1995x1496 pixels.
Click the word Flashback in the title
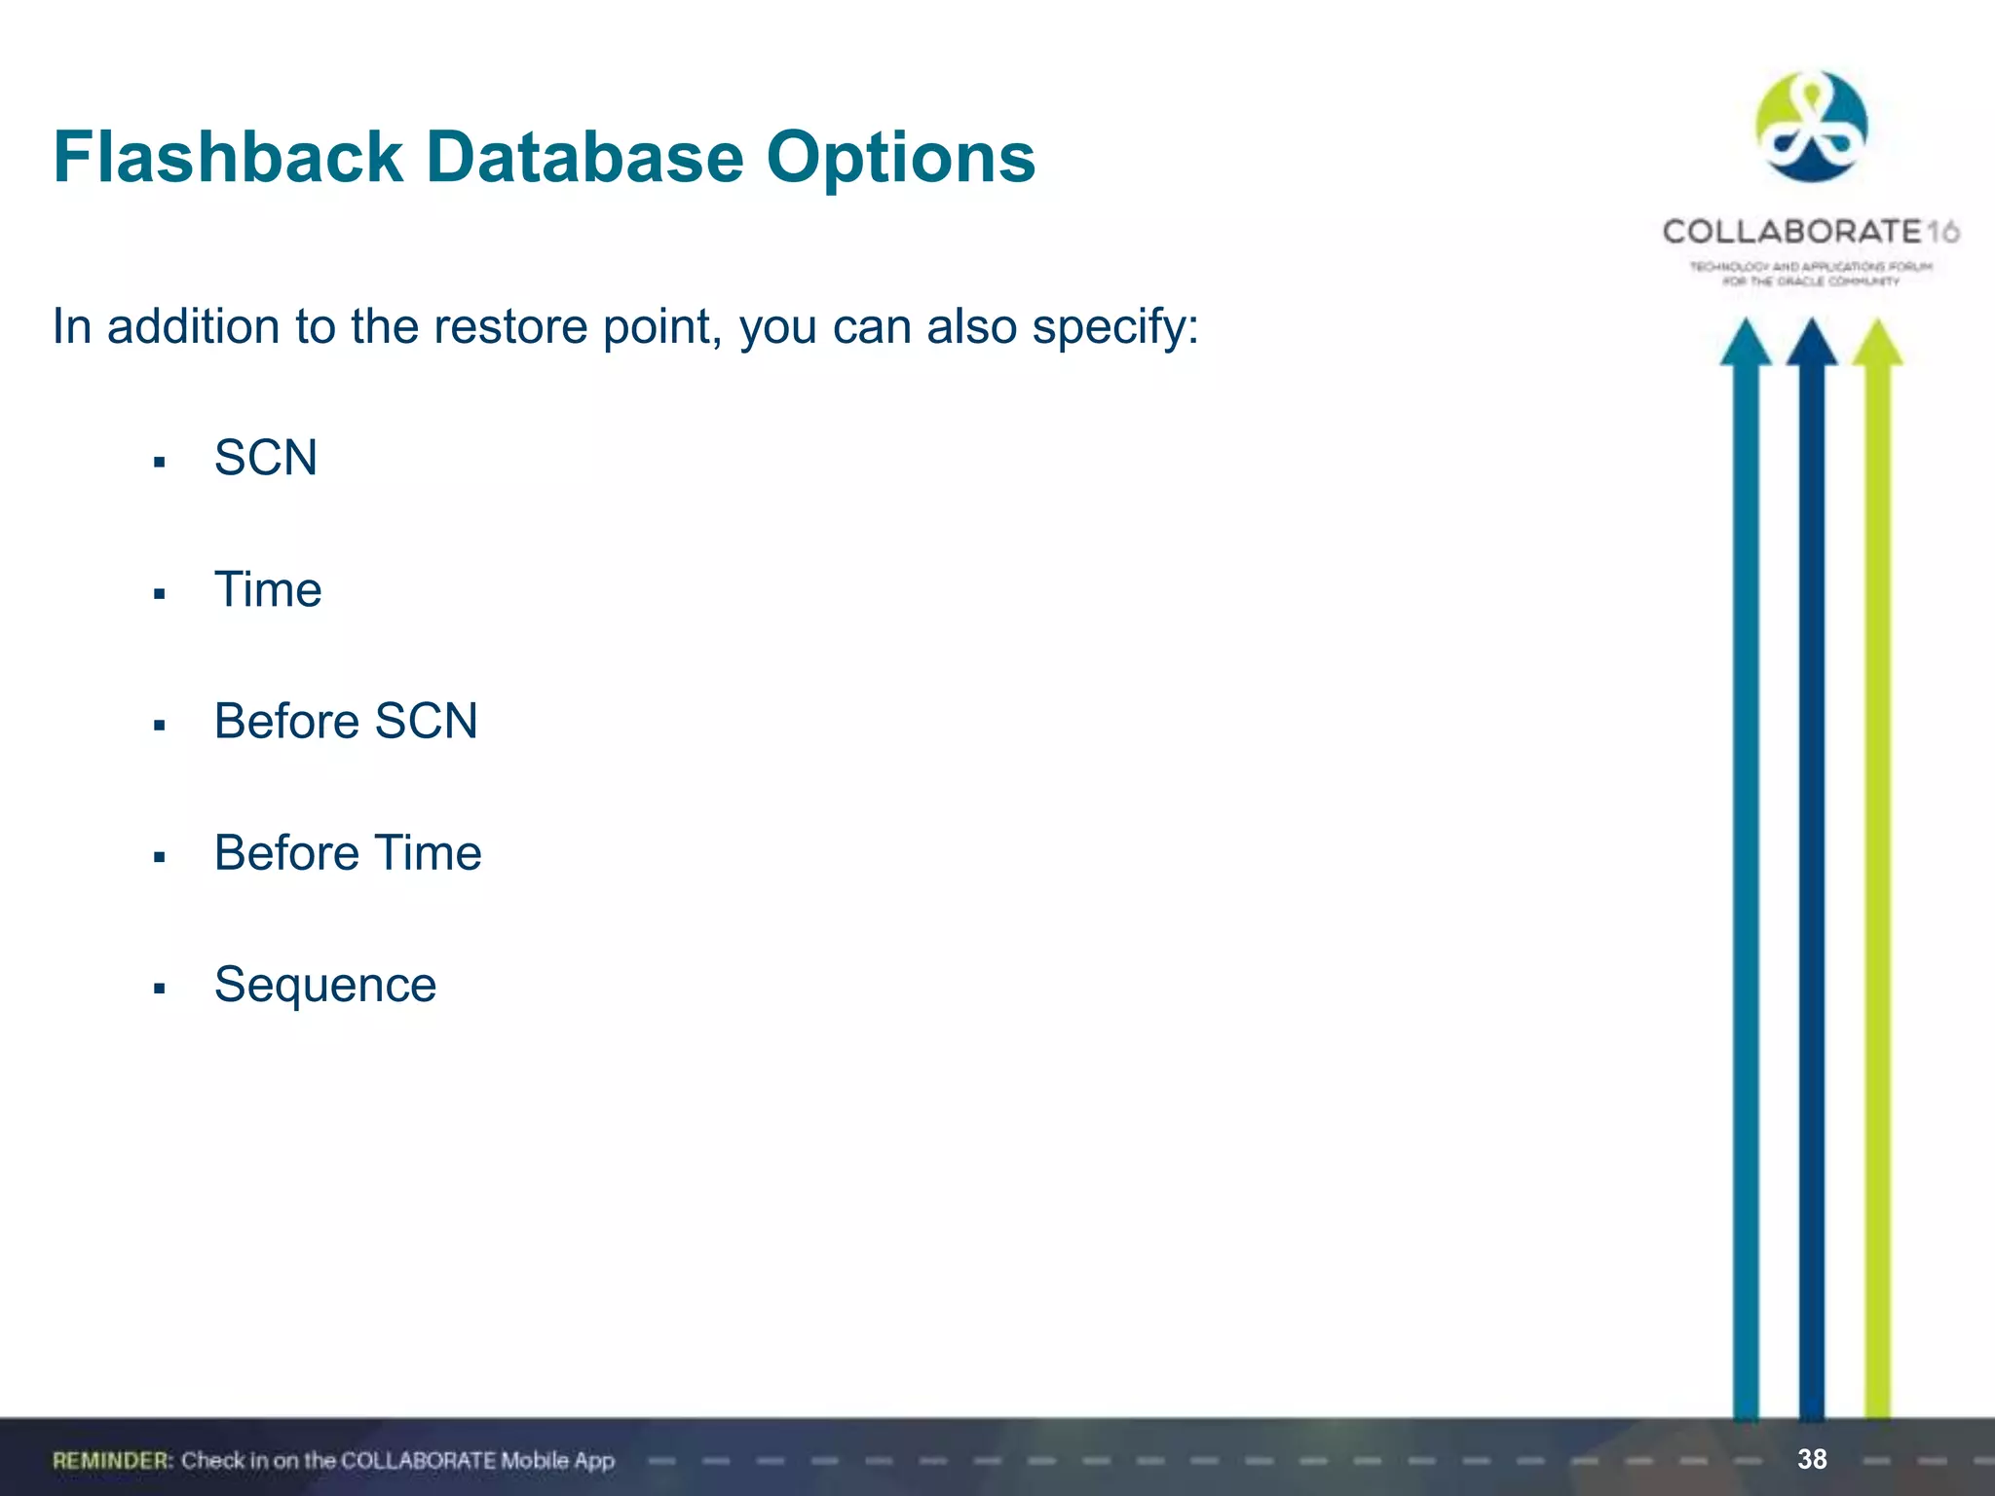point(228,158)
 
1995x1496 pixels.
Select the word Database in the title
point(584,158)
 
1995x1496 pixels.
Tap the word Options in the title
point(900,158)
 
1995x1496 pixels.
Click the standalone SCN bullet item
point(266,458)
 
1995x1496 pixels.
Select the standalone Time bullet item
point(268,590)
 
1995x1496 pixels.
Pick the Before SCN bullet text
point(346,722)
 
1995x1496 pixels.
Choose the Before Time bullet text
point(348,853)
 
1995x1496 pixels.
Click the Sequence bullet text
point(325,985)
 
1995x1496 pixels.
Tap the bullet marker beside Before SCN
point(160,726)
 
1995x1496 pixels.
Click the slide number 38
point(1812,1459)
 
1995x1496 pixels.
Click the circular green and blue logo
point(1811,127)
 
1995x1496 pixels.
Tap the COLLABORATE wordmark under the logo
point(1792,232)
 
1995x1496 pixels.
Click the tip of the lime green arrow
point(1878,325)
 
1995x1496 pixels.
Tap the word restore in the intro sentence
point(512,327)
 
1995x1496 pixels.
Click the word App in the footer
point(593,1460)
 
